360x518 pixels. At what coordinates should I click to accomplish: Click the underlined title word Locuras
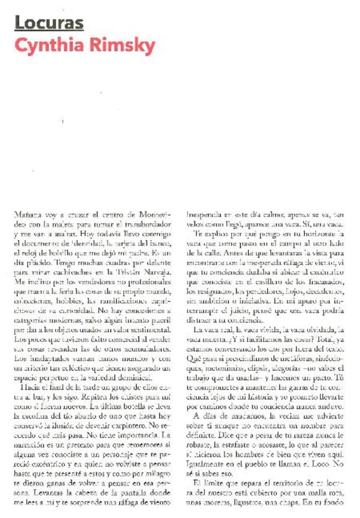pos(49,23)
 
